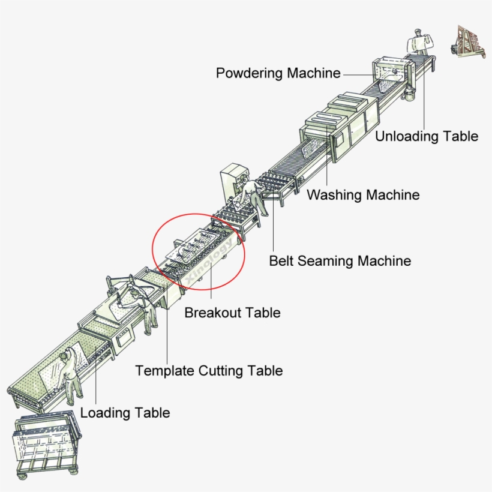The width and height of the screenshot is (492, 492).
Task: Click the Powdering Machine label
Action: (x=278, y=73)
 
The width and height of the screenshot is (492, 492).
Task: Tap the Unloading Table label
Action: (x=427, y=136)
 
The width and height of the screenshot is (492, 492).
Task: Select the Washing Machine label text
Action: (x=363, y=195)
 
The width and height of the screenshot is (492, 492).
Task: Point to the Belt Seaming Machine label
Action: (x=340, y=261)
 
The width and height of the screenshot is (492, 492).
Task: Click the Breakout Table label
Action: (x=232, y=313)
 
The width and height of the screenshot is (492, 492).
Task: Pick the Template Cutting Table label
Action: (x=209, y=371)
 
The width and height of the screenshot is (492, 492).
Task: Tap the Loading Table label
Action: (x=125, y=413)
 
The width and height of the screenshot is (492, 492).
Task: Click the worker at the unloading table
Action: (x=418, y=41)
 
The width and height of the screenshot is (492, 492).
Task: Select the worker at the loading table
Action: (x=71, y=378)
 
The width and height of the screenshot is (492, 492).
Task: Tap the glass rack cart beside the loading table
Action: (x=47, y=445)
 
